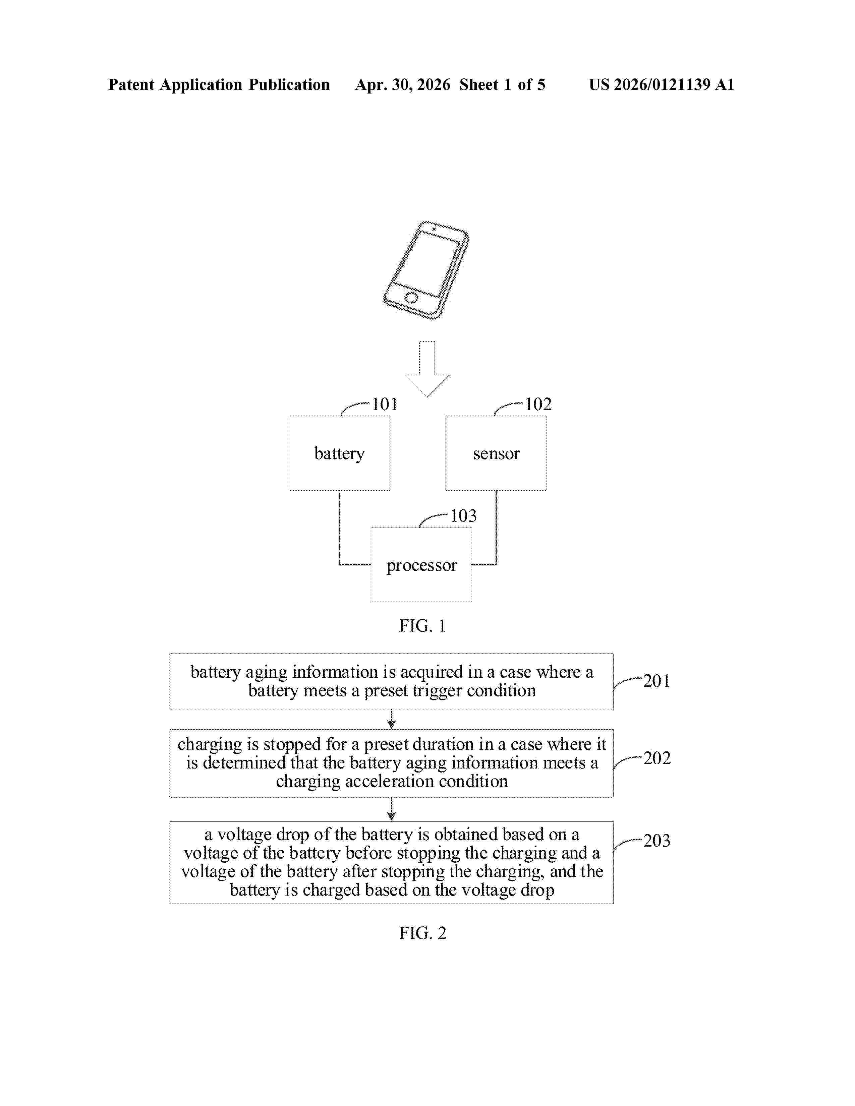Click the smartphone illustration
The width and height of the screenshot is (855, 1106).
[426, 270]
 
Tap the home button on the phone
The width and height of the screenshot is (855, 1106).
[411, 297]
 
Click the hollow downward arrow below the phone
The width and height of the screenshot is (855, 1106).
[427, 369]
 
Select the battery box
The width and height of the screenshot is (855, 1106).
[339, 453]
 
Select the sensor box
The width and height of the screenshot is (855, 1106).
[496, 453]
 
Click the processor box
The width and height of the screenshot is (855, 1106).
[421, 565]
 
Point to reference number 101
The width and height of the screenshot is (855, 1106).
[385, 404]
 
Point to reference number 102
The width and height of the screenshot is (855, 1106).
[538, 404]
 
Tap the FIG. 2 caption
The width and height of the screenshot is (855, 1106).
[422, 933]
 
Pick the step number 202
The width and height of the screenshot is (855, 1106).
[657, 758]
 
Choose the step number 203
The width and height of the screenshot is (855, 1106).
[657, 841]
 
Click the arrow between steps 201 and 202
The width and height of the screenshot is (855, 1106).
[391, 719]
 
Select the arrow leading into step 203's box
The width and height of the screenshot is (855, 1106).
[391, 809]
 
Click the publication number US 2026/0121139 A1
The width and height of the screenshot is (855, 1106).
[662, 84]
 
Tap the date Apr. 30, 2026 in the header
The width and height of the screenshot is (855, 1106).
[403, 84]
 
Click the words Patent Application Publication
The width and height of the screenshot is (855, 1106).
[219, 84]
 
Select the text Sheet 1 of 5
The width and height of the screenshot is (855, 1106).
[503, 84]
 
